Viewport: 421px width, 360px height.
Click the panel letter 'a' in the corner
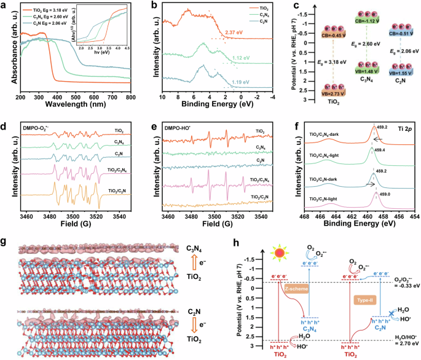click(4, 6)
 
